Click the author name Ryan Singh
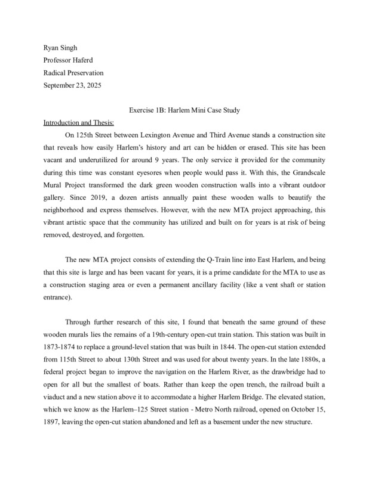coord(61,48)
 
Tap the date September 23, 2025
coord(73,85)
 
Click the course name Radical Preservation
coord(73,73)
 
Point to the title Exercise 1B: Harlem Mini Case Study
coord(184,111)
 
